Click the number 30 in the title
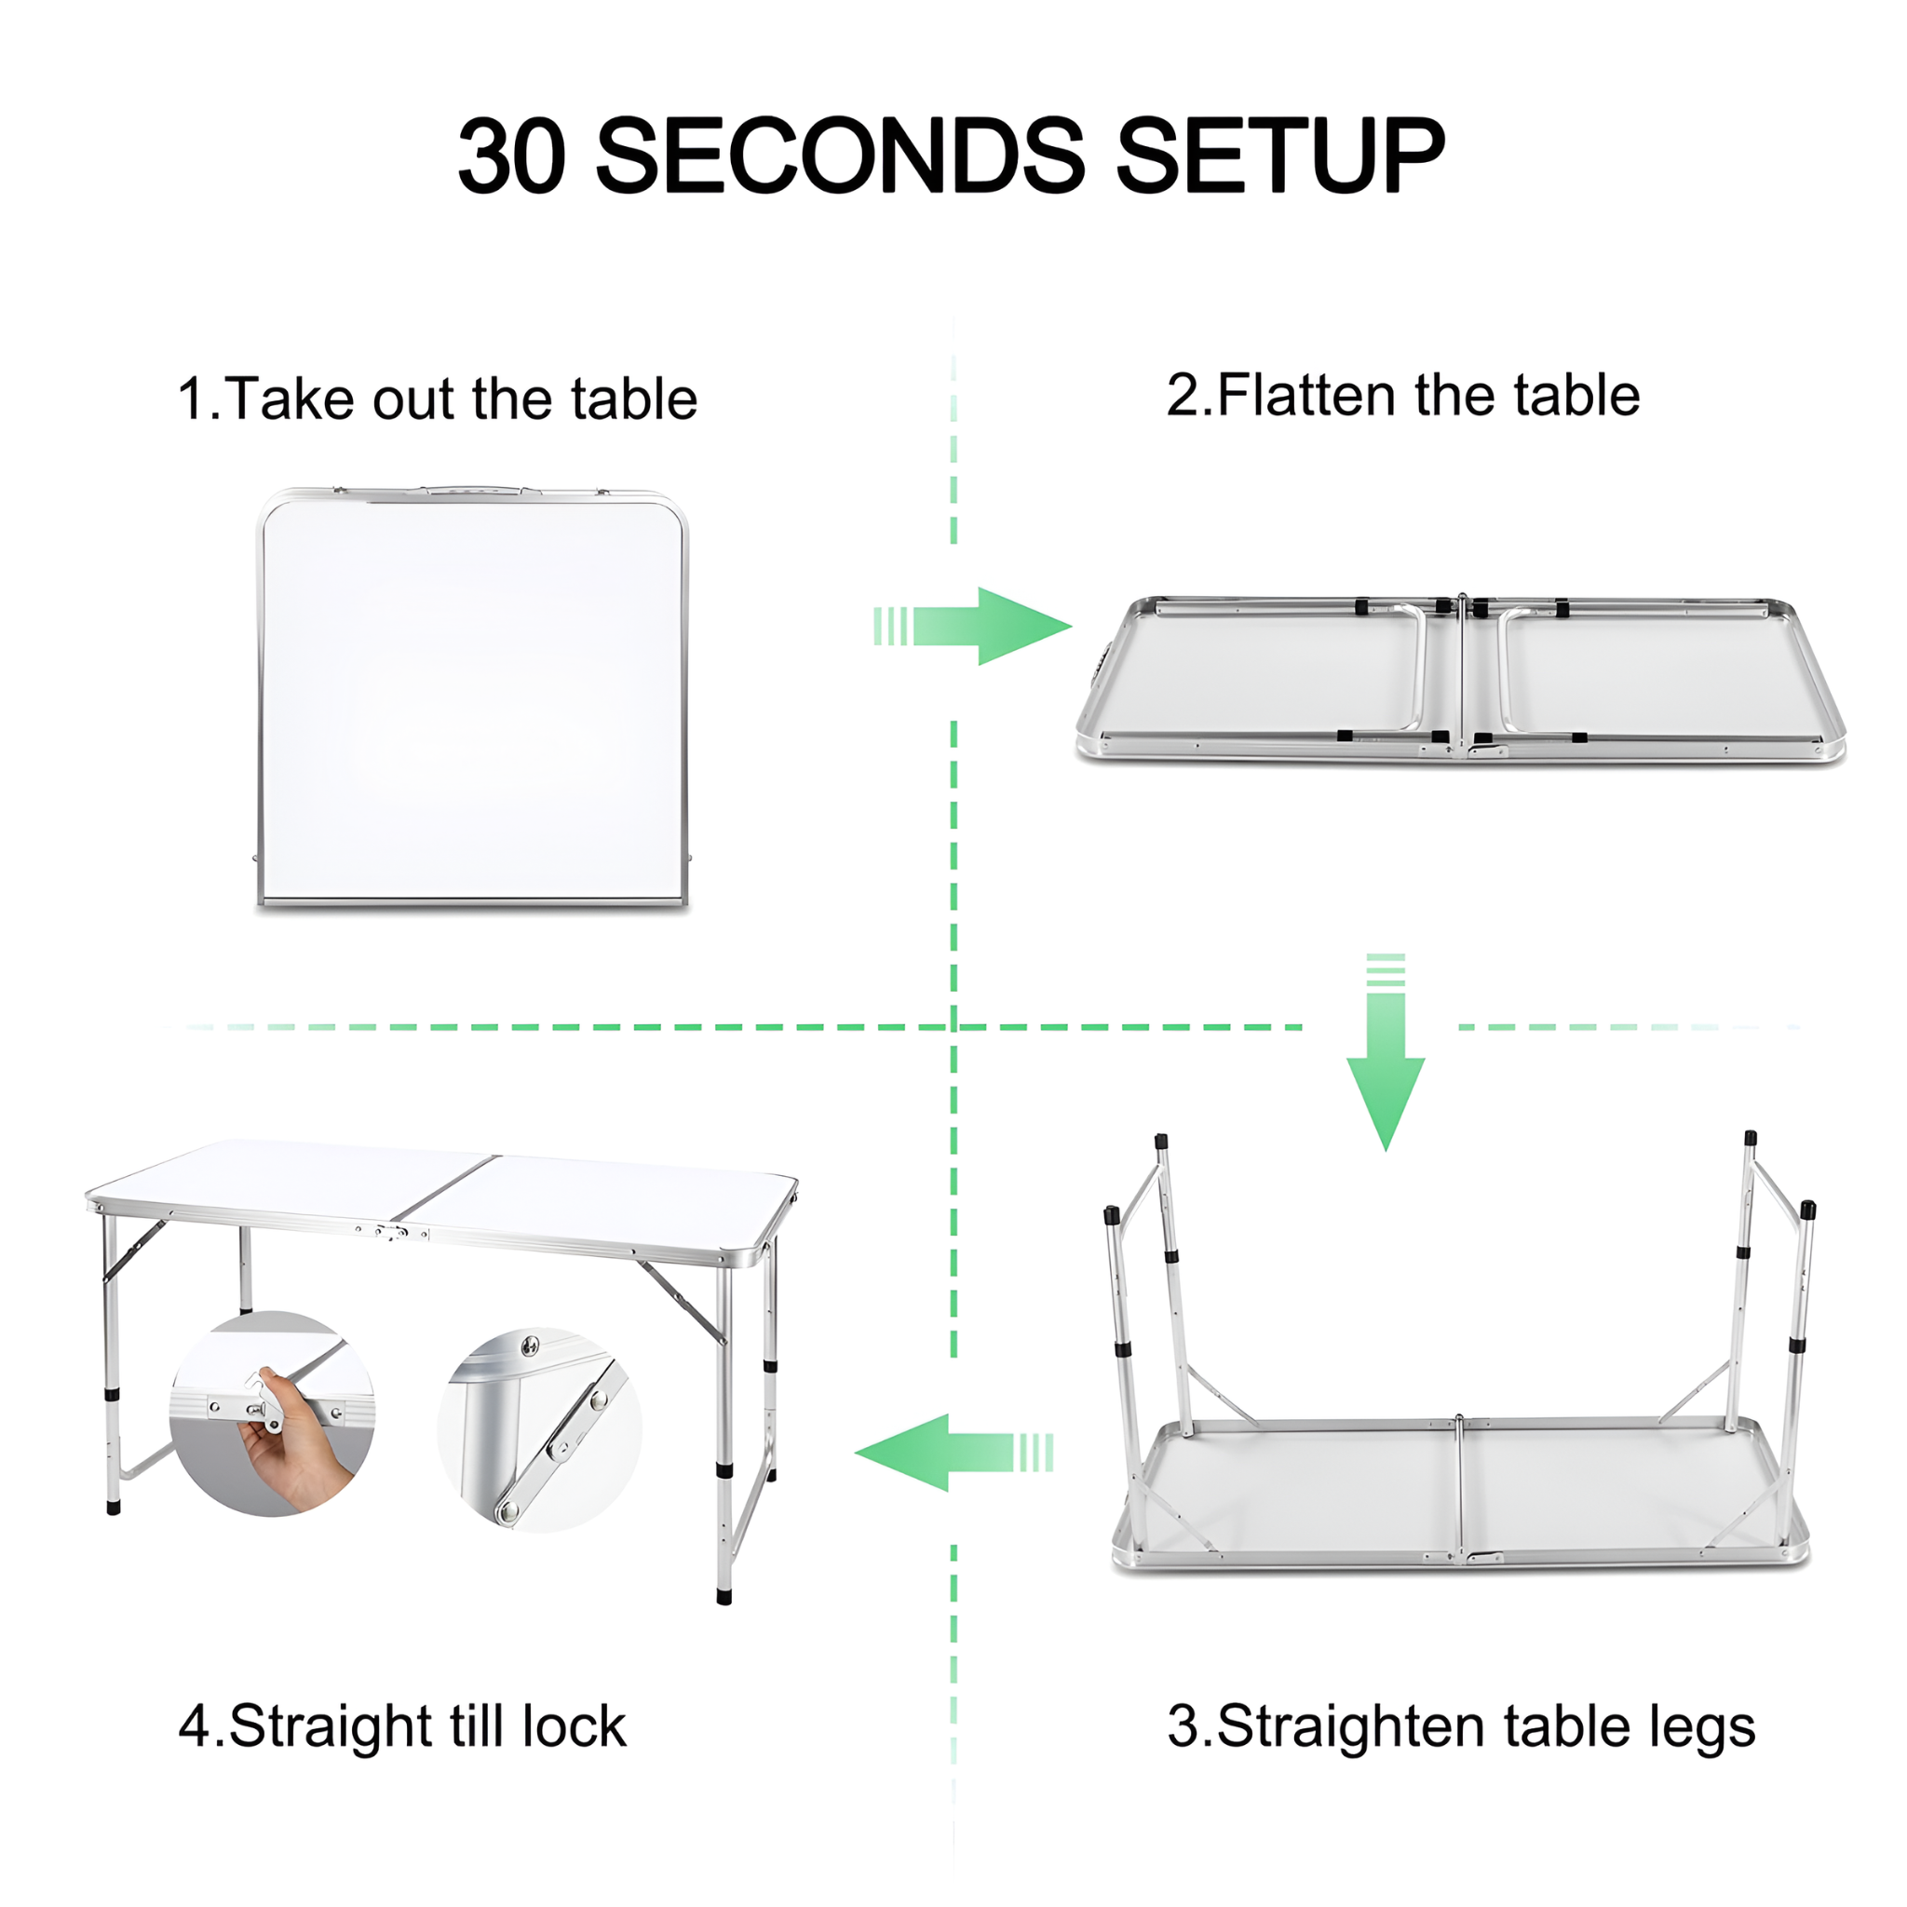pyautogui.click(x=512, y=155)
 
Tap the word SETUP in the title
pyautogui.click(x=1280, y=155)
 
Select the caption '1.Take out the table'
pyautogui.click(x=438, y=399)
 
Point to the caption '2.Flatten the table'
pyautogui.click(x=1402, y=395)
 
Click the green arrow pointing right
pyautogui.click(x=973, y=626)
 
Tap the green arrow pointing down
pyautogui.click(x=1386, y=1052)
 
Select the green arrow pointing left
pyautogui.click(x=953, y=1453)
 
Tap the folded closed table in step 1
pyautogui.click(x=473, y=697)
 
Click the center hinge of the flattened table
pyautogui.click(x=1462, y=677)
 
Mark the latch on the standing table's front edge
pyautogui.click(x=392, y=1232)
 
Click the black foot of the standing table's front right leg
pyautogui.click(x=724, y=1594)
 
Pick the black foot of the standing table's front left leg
pyautogui.click(x=114, y=1507)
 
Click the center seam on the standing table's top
pyautogui.click(x=445, y=1186)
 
